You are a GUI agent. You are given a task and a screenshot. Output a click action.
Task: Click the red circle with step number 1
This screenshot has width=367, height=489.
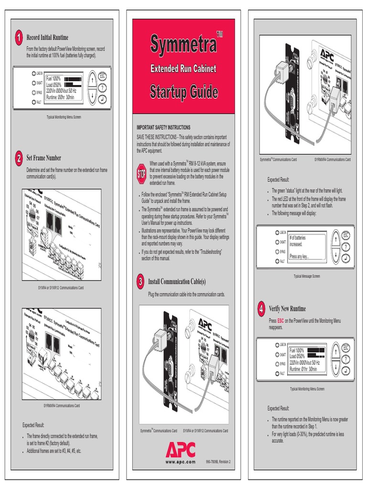[x=18, y=37]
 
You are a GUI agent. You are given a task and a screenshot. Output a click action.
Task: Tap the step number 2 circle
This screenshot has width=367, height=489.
[x=18, y=158]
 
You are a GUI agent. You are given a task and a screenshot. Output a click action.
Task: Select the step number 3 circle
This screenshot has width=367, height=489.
[x=140, y=282]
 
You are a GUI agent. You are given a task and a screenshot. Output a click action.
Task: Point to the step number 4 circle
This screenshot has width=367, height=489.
[x=261, y=308]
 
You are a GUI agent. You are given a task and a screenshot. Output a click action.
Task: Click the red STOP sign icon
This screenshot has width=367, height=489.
[x=141, y=174]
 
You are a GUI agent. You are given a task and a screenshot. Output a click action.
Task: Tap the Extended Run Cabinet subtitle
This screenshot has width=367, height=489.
[x=184, y=69]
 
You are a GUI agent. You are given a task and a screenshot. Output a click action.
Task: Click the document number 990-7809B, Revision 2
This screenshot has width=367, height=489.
[x=218, y=462]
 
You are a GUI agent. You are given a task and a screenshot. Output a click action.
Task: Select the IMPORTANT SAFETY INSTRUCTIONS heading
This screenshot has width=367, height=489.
[x=163, y=128]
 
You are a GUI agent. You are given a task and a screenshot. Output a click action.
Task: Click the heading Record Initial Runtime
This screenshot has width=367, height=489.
[x=47, y=37]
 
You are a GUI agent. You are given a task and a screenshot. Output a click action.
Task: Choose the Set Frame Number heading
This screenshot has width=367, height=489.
[x=43, y=158]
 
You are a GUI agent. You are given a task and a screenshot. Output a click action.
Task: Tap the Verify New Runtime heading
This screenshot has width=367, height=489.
[x=287, y=308]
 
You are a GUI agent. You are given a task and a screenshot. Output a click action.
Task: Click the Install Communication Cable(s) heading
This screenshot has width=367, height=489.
[x=177, y=282]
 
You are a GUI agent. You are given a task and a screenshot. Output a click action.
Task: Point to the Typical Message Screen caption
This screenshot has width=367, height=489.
[x=307, y=276]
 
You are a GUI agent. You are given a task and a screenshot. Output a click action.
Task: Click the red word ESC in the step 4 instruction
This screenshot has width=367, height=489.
[x=281, y=320]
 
